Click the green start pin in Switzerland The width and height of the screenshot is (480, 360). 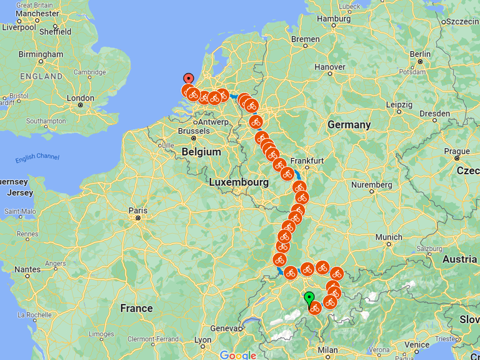point(309,299)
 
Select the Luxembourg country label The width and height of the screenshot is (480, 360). point(239,182)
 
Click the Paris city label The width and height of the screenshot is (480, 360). point(137,211)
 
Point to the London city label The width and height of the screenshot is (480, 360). point(80,98)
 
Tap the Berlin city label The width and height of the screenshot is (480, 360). point(420,54)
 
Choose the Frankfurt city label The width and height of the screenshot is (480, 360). point(307,161)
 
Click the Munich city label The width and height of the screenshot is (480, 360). point(389,237)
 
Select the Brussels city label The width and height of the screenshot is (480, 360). point(194,131)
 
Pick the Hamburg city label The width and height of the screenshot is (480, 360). point(334,19)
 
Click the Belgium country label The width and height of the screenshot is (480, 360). point(201,152)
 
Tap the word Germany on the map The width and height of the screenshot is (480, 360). point(349,124)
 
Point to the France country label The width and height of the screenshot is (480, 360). point(136,308)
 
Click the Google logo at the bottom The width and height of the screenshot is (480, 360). point(237,355)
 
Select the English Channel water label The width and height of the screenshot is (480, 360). point(37,157)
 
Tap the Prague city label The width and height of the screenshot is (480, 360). point(457,151)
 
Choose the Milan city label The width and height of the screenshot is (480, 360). point(327,349)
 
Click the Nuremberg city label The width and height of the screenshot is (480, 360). point(371,185)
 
